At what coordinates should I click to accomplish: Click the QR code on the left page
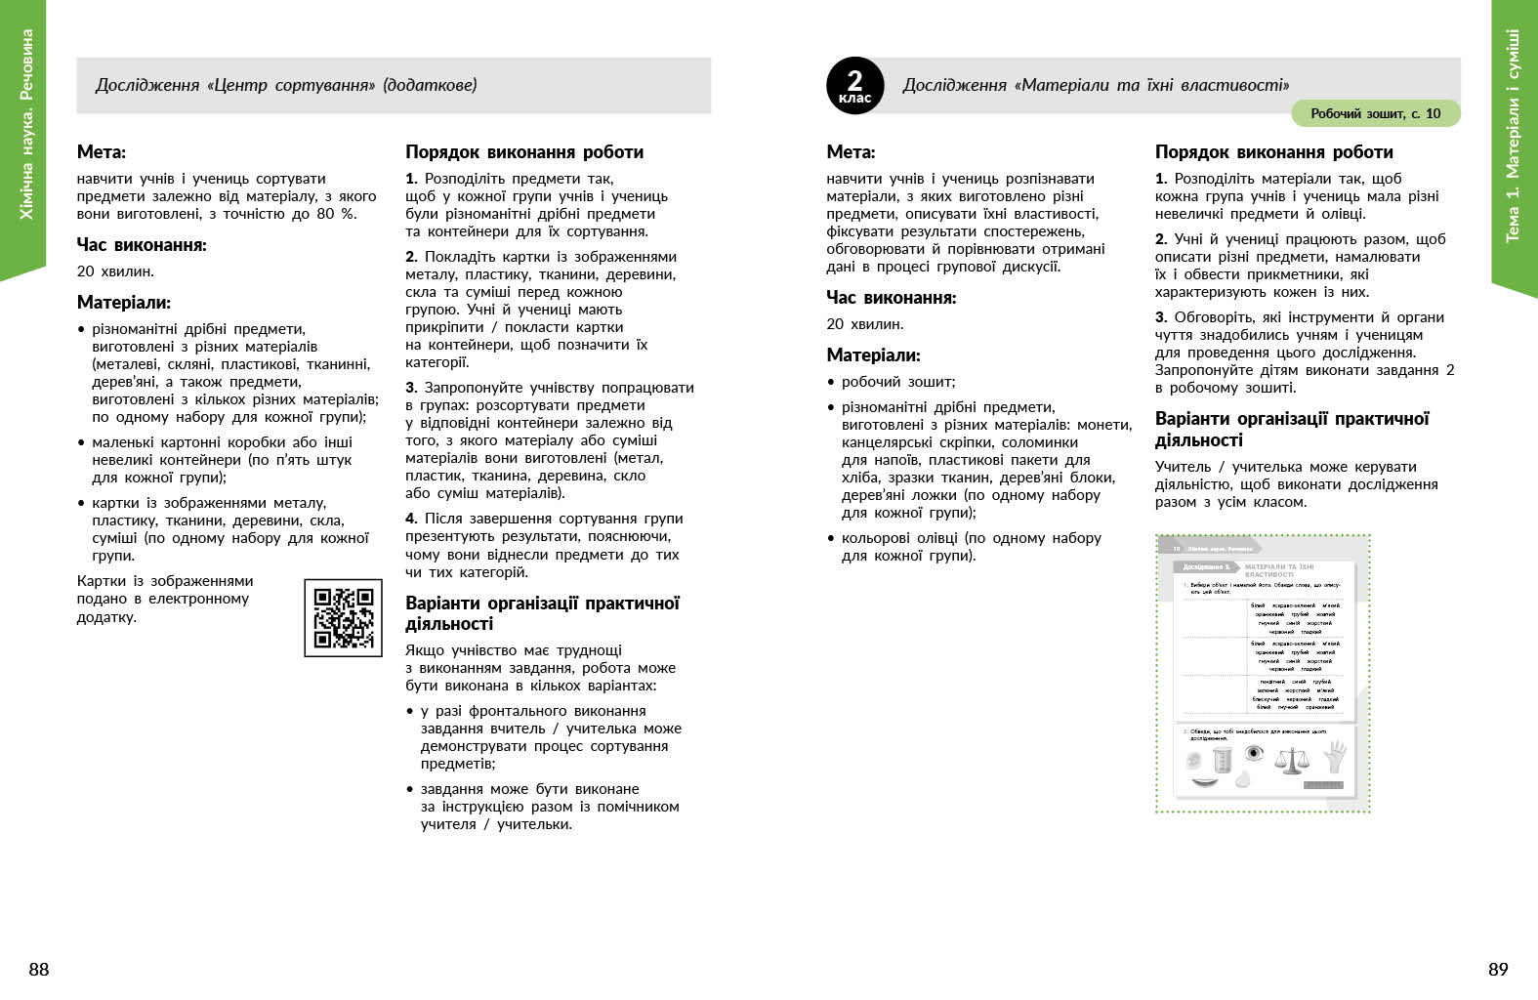click(343, 617)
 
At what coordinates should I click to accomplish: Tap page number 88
click(39, 969)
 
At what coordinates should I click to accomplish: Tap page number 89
click(1498, 969)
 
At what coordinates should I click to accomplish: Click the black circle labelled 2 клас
click(854, 86)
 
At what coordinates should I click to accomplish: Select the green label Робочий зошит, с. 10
click(1375, 113)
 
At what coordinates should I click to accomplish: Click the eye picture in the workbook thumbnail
click(1255, 753)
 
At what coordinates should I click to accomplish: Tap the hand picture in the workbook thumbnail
click(1335, 756)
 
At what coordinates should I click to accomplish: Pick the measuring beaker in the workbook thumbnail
click(1222, 760)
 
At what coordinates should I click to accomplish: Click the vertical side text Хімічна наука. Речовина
click(26, 124)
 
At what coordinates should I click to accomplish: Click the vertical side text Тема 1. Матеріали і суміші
click(1513, 136)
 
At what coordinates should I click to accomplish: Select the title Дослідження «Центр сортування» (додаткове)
click(286, 85)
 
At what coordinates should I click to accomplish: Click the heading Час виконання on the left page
click(142, 245)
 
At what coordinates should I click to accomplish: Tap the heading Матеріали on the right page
click(873, 355)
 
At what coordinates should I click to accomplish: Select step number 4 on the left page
click(411, 519)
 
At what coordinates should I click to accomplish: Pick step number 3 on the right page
click(1160, 317)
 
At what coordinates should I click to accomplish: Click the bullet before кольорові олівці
click(832, 538)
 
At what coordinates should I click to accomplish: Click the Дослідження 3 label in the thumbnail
click(1206, 566)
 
